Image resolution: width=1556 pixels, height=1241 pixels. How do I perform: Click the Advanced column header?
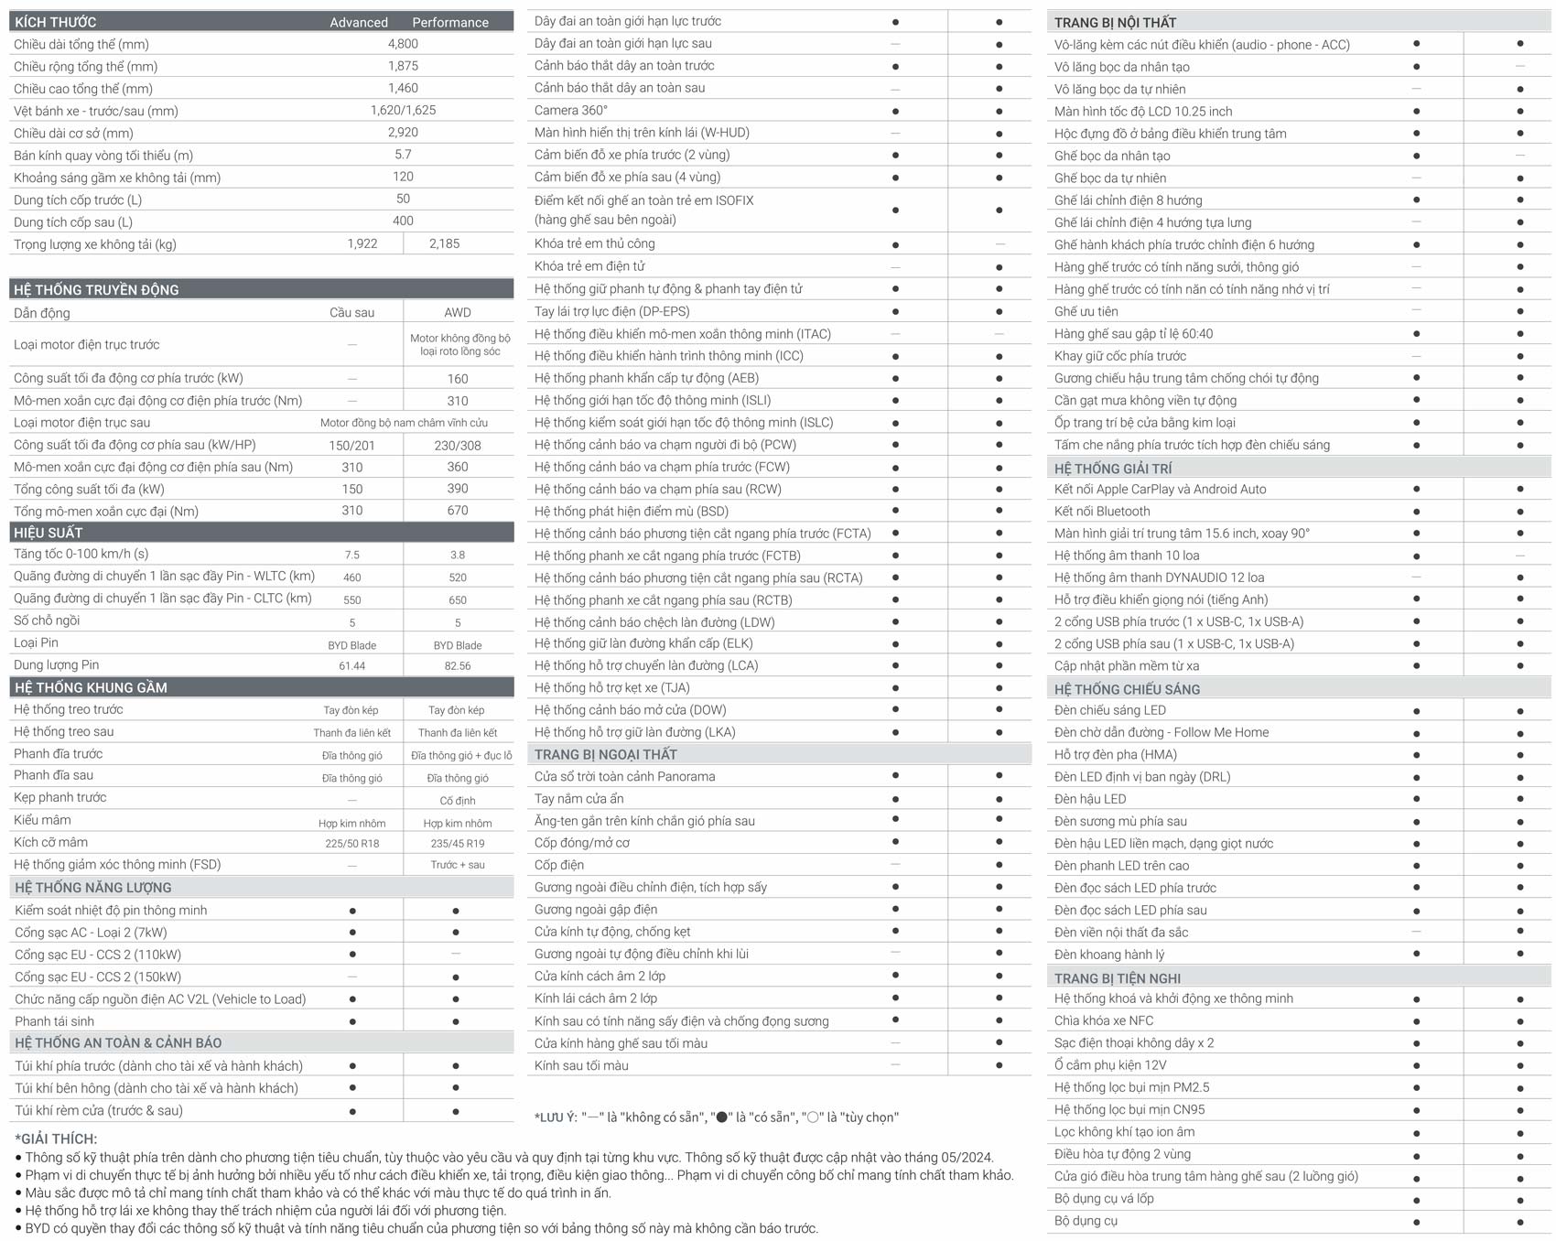pyautogui.click(x=359, y=22)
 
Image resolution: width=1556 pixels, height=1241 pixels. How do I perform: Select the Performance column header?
pyautogui.click(x=449, y=22)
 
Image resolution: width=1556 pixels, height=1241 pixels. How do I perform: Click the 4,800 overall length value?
pyautogui.click(x=403, y=44)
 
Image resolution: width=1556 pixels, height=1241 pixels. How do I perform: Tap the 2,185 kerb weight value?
pyautogui.click(x=444, y=243)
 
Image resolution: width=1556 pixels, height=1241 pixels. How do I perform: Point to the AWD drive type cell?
pyautogui.click(x=458, y=312)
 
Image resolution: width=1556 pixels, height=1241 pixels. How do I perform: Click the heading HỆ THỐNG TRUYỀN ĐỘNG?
pyautogui.click(x=96, y=289)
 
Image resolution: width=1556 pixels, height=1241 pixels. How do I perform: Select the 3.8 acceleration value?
pyautogui.click(x=458, y=555)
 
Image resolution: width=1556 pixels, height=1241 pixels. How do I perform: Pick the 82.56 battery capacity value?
pyautogui.click(x=458, y=665)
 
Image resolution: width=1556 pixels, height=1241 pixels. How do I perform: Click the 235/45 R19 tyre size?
pyautogui.click(x=458, y=843)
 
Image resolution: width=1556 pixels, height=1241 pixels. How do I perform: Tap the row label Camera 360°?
pyautogui.click(x=570, y=110)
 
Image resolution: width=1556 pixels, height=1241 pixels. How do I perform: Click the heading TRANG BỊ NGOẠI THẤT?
pyautogui.click(x=605, y=754)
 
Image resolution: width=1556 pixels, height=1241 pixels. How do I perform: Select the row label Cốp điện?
pyautogui.click(x=558, y=865)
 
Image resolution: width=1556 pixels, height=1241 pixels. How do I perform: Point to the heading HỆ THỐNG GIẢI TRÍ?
pyautogui.click(x=1112, y=468)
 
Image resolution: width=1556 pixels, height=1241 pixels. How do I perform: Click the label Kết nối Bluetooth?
pyautogui.click(x=1102, y=512)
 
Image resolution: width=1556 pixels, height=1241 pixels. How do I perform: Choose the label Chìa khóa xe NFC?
pyautogui.click(x=1103, y=1020)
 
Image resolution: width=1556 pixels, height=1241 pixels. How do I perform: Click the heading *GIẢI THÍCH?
pyautogui.click(x=56, y=1138)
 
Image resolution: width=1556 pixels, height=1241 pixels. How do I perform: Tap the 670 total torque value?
pyautogui.click(x=458, y=511)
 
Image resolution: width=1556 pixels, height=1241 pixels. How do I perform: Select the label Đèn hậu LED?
pyautogui.click(x=1089, y=799)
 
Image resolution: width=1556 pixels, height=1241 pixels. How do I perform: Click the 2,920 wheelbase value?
pyautogui.click(x=403, y=132)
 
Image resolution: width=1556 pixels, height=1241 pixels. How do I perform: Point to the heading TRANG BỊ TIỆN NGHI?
pyautogui.click(x=1117, y=977)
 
